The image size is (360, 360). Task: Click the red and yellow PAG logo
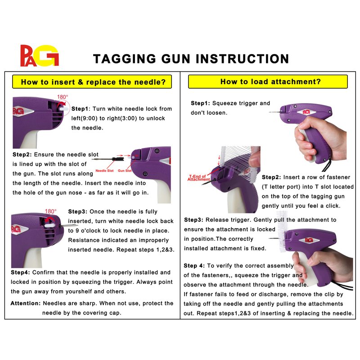(40, 55)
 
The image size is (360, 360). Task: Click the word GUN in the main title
(175, 59)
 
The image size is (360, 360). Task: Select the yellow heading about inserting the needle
(92, 82)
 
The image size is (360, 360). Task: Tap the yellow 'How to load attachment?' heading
(268, 81)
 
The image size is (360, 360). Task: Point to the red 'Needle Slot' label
(104, 171)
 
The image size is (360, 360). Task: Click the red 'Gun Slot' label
(125, 171)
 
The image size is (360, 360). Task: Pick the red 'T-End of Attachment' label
(198, 178)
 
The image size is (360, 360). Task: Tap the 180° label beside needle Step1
(63, 97)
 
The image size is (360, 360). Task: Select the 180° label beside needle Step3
(50, 211)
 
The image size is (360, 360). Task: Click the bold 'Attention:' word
(26, 303)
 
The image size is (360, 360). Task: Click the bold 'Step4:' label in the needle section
(20, 273)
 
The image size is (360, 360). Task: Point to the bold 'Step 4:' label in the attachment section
(194, 265)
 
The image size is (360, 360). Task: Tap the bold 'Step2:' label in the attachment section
(271, 177)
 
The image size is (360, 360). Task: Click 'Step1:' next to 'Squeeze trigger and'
(200, 103)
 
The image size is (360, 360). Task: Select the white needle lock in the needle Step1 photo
(64, 108)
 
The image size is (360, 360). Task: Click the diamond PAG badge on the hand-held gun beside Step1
(306, 112)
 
